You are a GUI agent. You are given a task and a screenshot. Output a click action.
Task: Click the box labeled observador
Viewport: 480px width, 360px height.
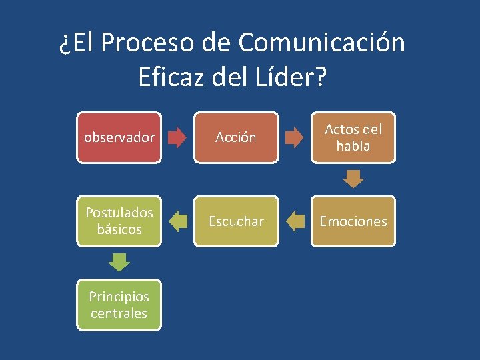point(119,137)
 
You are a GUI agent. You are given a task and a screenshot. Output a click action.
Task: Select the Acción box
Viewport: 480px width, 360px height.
point(236,137)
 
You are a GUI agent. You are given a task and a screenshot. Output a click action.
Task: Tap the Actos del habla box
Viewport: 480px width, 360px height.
point(353,137)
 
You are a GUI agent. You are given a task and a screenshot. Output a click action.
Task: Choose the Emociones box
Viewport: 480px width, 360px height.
point(353,221)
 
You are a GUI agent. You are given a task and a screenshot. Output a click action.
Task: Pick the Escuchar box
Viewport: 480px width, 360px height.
point(236,221)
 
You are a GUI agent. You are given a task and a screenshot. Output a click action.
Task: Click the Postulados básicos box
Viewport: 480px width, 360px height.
point(119,221)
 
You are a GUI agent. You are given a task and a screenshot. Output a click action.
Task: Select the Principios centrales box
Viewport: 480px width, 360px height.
point(119,305)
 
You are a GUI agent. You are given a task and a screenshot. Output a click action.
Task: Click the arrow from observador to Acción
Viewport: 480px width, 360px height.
point(177,138)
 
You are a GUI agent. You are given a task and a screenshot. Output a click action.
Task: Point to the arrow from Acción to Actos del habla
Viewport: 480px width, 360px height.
point(294,138)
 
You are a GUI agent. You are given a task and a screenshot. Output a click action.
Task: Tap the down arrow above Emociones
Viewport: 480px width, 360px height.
point(353,179)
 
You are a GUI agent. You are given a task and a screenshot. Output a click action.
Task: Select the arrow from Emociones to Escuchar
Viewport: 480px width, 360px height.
point(294,221)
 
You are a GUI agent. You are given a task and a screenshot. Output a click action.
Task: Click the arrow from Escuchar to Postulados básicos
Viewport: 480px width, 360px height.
point(177,221)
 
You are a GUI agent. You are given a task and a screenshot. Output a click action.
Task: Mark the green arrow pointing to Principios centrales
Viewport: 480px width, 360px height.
point(119,263)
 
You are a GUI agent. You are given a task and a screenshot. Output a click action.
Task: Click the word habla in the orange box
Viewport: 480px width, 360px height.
point(353,146)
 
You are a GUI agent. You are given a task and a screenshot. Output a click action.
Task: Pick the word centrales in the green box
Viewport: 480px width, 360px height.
point(119,313)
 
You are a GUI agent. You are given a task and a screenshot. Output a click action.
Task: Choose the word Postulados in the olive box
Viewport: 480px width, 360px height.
point(119,213)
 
